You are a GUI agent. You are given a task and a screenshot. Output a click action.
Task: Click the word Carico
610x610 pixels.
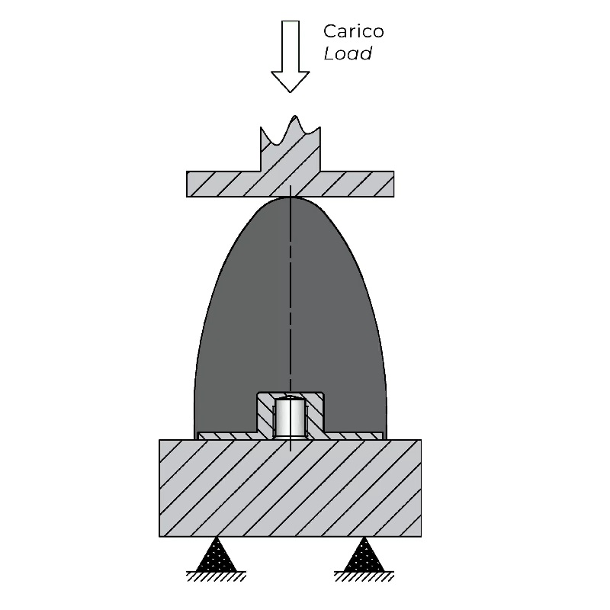353,31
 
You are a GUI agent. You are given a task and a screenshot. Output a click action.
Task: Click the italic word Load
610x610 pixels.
348,53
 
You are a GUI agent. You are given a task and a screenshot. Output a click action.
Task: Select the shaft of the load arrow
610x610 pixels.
291,47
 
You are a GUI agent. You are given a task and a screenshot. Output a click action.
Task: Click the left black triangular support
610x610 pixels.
217,555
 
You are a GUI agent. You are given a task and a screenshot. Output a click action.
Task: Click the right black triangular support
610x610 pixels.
364,555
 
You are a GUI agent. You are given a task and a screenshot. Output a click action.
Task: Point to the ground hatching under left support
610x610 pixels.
217,576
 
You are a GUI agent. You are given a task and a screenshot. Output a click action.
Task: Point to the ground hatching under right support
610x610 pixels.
364,576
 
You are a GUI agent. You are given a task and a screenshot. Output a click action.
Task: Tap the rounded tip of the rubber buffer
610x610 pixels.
291,199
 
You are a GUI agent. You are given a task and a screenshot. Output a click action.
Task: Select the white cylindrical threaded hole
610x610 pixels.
291,417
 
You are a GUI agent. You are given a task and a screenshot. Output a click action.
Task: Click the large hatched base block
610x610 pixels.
291,488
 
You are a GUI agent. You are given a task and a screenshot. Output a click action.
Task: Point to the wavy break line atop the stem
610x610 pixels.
291,131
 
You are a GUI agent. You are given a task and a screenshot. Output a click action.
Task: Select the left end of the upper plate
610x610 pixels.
188,184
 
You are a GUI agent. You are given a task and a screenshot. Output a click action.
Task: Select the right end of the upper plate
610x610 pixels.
393,184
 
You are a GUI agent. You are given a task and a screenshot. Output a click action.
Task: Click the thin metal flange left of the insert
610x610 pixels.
227,436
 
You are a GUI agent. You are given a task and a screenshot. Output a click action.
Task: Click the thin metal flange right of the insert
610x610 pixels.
353,436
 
